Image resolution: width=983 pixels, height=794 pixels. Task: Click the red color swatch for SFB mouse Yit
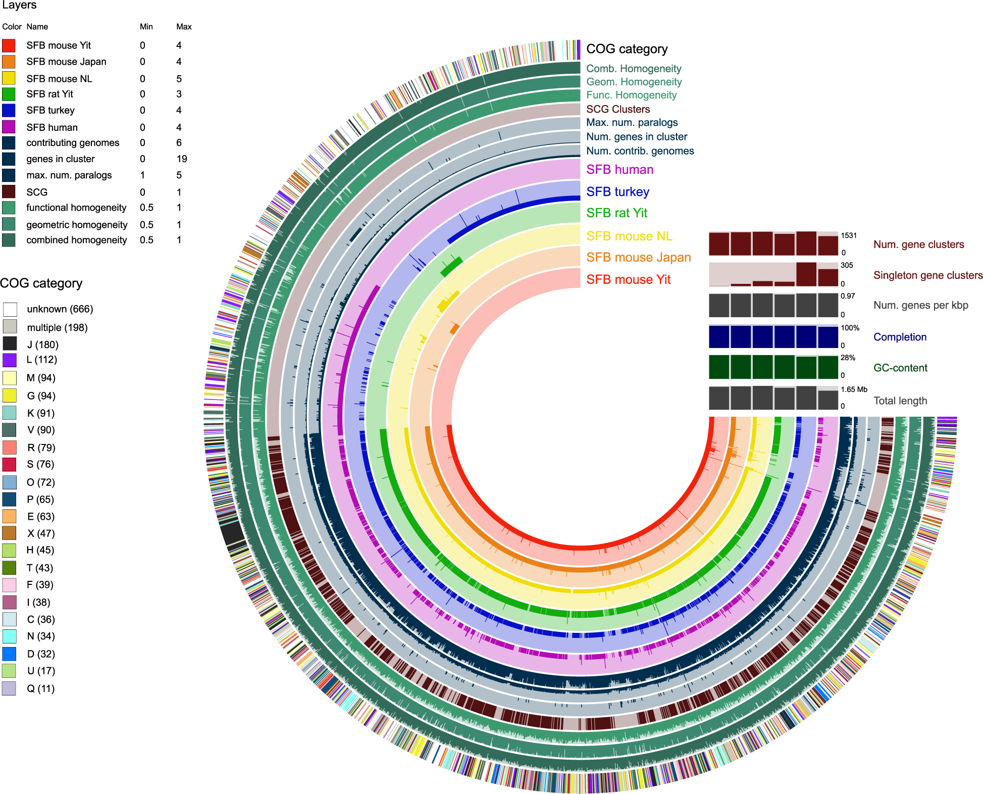pos(9,45)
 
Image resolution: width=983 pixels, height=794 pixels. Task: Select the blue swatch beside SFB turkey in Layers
pos(9,110)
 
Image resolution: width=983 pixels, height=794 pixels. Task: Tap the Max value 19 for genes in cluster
pos(182,159)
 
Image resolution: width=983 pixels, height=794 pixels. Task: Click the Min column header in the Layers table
pos(146,27)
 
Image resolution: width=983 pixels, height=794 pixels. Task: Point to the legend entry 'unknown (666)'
pos(60,309)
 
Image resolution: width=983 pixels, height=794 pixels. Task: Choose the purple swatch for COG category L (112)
pos(10,360)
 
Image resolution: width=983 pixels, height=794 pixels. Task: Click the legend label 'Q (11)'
pos(40,688)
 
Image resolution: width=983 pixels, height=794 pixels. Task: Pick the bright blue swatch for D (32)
pos(9,654)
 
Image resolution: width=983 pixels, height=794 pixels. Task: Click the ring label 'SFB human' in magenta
pos(619,170)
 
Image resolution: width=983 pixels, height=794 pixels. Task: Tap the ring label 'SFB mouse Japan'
pos(638,258)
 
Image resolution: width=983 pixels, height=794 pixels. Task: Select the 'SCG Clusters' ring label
pos(617,109)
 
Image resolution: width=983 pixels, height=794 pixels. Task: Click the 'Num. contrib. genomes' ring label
pos(640,151)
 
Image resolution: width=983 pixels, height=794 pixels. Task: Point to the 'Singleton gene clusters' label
pos(928,275)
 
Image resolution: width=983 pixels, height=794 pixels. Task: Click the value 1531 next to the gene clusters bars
pos(849,235)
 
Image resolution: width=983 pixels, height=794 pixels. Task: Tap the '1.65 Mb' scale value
pos(854,389)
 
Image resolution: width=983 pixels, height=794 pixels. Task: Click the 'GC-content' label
pos(900,368)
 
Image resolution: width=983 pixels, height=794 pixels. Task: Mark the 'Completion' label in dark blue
pos(900,337)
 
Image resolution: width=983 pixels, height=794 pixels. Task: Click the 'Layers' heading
pos(20,6)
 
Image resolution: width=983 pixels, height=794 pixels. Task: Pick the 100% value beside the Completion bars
pos(850,328)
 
